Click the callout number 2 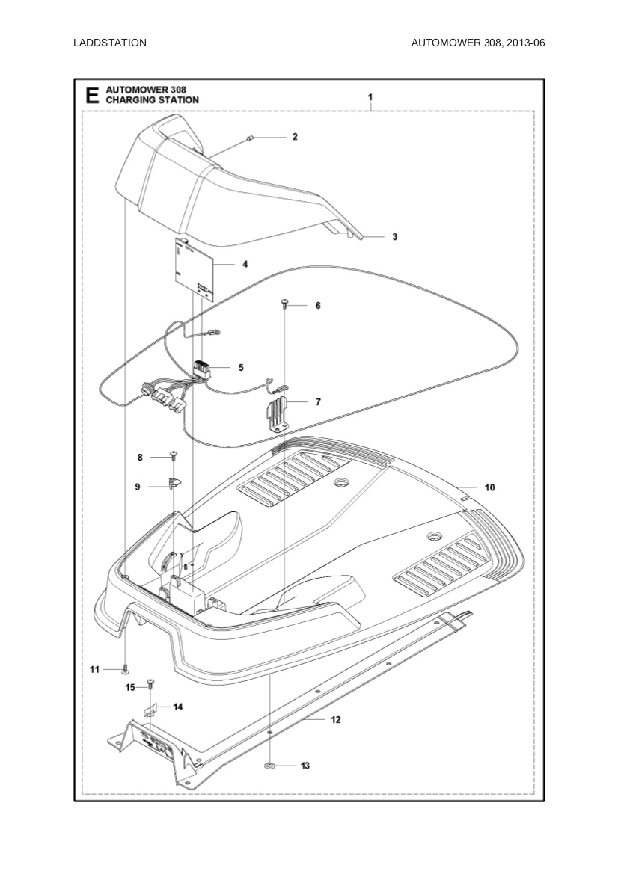tap(295, 137)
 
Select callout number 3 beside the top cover tap(394, 237)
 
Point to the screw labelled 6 tap(285, 302)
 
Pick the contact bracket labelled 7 tap(278, 415)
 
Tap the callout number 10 tap(489, 487)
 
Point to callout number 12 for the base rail tap(335, 720)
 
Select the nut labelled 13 tap(269, 766)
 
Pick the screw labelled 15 tap(150, 683)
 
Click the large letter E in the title tap(91, 95)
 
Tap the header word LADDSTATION tap(110, 43)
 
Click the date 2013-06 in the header tap(524, 43)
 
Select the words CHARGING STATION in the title tap(153, 99)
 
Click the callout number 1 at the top tap(370, 97)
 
